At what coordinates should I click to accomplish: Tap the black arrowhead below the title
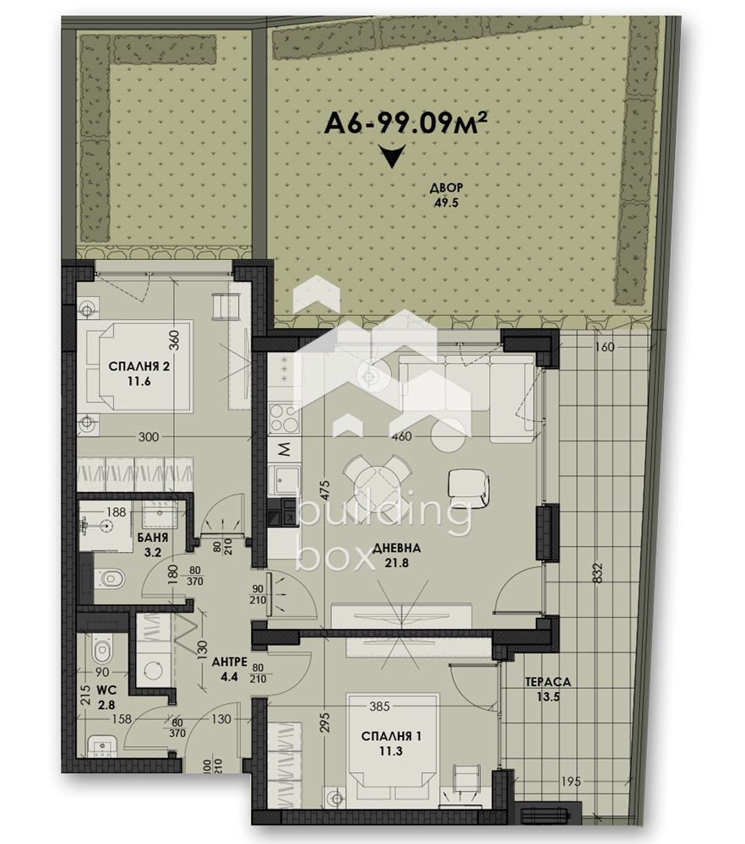pyautogui.click(x=392, y=156)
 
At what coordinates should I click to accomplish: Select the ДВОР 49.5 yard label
pyautogui.click(x=446, y=196)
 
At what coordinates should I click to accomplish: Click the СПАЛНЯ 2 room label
pyautogui.click(x=139, y=374)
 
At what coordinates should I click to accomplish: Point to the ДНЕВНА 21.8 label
pyautogui.click(x=396, y=555)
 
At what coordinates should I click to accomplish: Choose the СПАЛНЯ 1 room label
pyautogui.click(x=390, y=744)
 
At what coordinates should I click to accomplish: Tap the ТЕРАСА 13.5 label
pyautogui.click(x=547, y=689)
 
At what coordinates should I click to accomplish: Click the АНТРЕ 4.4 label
pyautogui.click(x=230, y=668)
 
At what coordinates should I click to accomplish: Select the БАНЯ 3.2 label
pyautogui.click(x=153, y=544)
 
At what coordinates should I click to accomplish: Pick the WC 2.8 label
pyautogui.click(x=106, y=697)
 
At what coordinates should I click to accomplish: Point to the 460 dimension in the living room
pyautogui.click(x=402, y=436)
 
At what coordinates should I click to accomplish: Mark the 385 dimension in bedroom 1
pyautogui.click(x=379, y=706)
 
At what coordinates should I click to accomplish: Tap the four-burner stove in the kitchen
pyautogui.click(x=284, y=419)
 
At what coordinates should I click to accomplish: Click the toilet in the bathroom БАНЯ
pyautogui.click(x=110, y=579)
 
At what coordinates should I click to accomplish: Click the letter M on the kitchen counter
pyautogui.click(x=284, y=448)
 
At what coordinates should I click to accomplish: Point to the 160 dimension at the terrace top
pyautogui.click(x=605, y=347)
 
